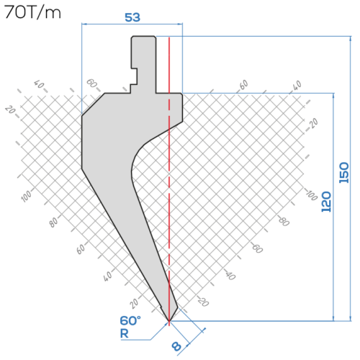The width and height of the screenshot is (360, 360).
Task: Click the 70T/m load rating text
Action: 32,12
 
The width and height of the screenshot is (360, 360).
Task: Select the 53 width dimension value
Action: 132,17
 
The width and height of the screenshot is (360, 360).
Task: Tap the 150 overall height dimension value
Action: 343,173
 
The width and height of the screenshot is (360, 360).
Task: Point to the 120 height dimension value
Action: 326,202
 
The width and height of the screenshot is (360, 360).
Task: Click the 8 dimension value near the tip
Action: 176,346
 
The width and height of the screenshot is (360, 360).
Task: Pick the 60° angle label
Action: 130,320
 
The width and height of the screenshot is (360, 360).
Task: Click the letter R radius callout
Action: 124,333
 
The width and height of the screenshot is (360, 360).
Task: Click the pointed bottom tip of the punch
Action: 169,321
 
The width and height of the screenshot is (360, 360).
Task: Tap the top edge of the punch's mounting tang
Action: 143,37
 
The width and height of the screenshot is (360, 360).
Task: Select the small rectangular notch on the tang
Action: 134,76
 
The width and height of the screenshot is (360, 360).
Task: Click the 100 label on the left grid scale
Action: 26,196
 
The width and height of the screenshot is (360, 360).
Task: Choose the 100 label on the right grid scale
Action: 312,195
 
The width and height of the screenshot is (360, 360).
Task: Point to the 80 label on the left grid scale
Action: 53,222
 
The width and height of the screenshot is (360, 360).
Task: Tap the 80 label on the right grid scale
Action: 284,221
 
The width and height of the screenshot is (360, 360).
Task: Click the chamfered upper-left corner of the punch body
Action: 93,104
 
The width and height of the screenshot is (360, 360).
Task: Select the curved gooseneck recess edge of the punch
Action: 136,158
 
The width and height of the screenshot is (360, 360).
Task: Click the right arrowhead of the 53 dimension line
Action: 180,24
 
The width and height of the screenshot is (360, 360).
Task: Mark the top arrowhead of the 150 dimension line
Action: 351,39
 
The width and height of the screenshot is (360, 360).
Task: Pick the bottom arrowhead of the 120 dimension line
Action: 333,318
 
